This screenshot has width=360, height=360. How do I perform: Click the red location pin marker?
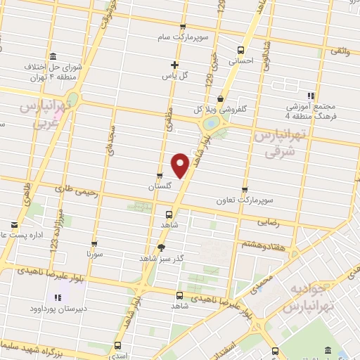(x=181, y=165)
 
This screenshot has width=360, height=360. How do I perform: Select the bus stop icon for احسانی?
(x=241, y=50)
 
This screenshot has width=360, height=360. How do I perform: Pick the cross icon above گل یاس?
(x=174, y=65)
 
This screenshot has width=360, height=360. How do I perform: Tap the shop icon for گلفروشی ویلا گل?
(x=220, y=98)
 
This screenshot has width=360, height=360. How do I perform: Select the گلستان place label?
(x=160, y=187)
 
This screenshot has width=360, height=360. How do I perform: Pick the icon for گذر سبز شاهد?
(x=162, y=247)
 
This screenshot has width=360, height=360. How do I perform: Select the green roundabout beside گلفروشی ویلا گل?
(x=210, y=124)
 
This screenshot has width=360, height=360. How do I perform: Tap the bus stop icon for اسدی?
(x=117, y=346)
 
